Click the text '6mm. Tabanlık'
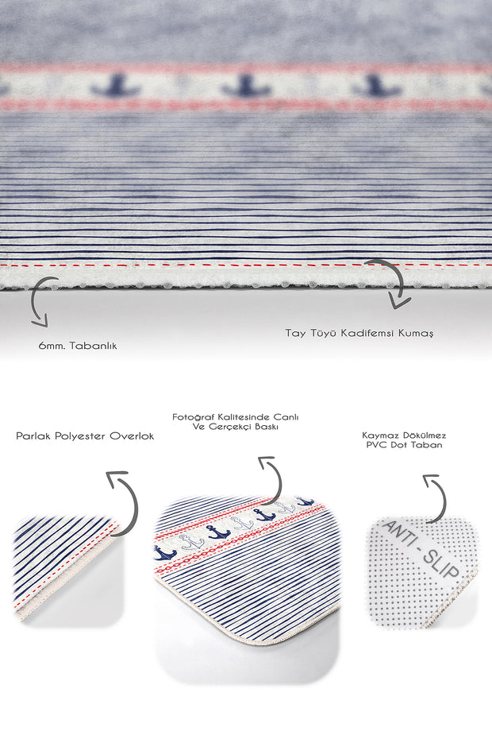77,346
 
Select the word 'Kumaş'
418,333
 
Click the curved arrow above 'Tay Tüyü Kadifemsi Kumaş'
390,282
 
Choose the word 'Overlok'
133,436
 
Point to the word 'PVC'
375,446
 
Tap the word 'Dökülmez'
425,435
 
